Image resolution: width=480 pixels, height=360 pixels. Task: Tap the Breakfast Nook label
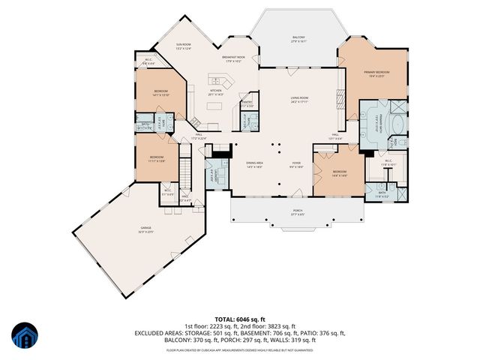(x=235, y=59)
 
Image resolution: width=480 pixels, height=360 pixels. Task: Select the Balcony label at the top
(x=298, y=38)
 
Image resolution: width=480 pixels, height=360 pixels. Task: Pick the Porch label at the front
(x=278, y=212)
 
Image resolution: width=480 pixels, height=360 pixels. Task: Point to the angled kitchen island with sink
(x=217, y=79)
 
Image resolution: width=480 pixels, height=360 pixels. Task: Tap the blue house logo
(x=25, y=335)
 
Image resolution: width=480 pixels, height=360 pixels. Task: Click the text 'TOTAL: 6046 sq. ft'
(x=239, y=318)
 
